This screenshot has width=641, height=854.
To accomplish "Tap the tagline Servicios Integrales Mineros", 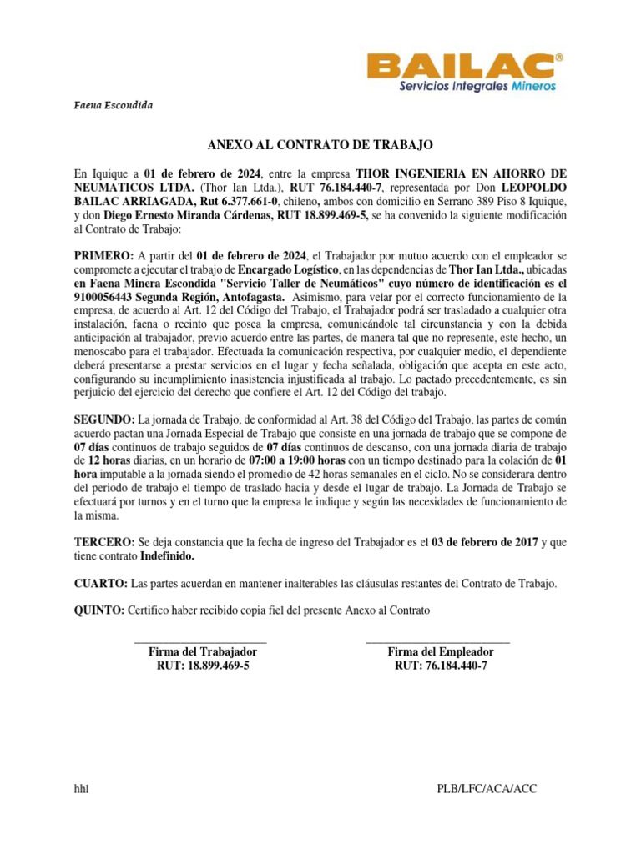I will point(478,86).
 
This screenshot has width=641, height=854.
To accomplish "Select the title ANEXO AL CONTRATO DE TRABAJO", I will point(320,145).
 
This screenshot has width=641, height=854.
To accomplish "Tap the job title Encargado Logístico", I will point(288,269).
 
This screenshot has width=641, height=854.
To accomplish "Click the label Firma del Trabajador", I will point(202,651).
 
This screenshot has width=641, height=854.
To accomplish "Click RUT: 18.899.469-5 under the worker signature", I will point(203,666).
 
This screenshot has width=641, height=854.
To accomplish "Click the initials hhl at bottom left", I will point(82,789).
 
